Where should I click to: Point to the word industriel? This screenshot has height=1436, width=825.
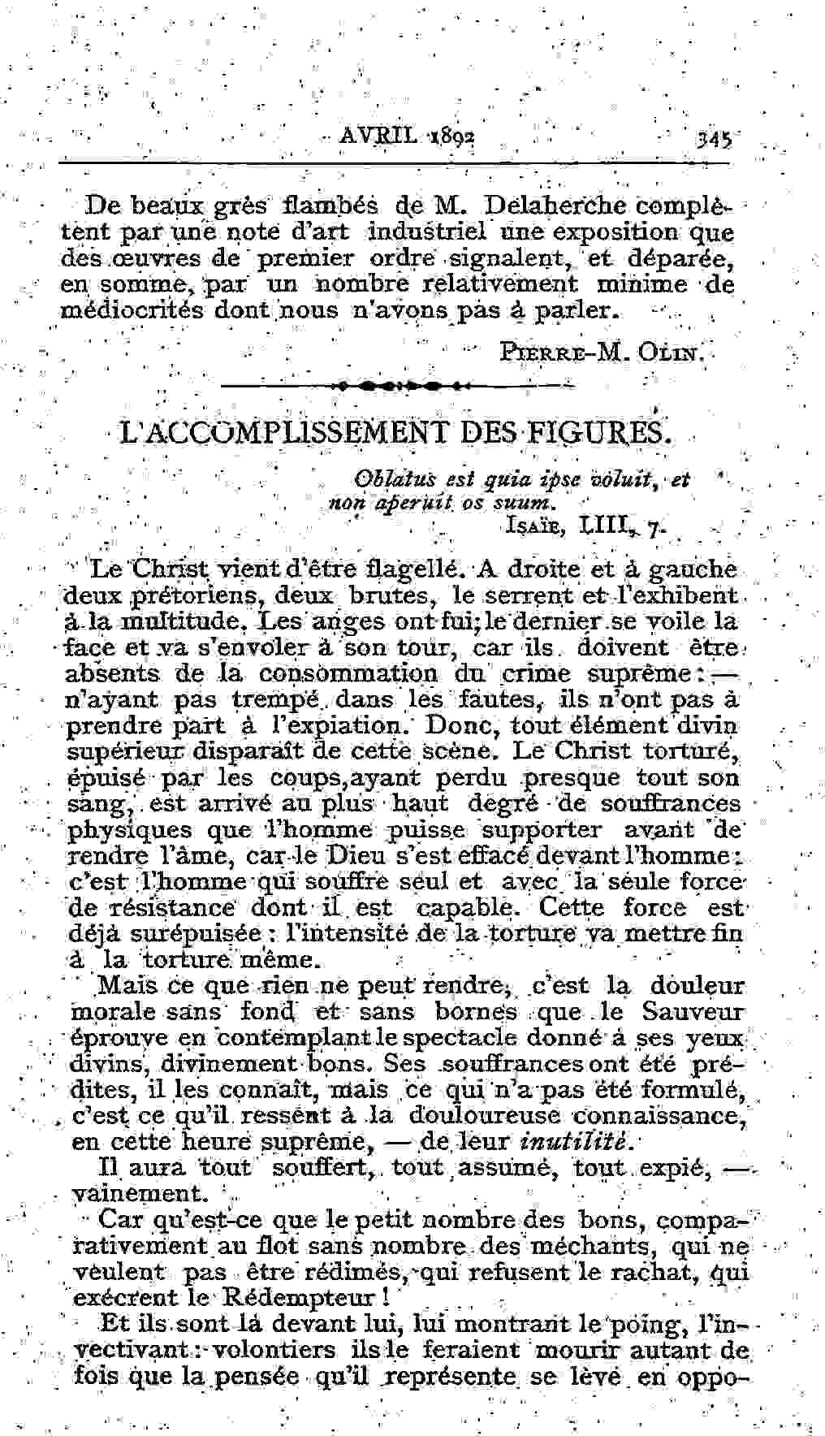426,232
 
